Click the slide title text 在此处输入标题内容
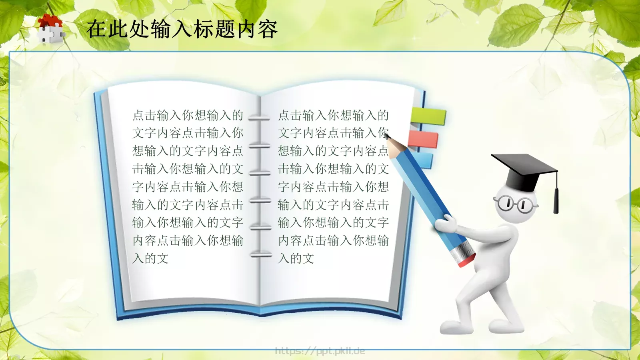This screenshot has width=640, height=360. (182, 29)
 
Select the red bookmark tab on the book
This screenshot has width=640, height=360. (424, 139)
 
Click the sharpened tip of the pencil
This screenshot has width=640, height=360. (388, 138)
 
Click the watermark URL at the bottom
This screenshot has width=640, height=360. (320, 351)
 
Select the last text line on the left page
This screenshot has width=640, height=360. (150, 258)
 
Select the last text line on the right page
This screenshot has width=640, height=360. (296, 258)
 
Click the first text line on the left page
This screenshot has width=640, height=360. (188, 116)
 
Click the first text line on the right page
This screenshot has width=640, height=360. (333, 116)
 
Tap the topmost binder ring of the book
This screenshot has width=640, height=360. (259, 118)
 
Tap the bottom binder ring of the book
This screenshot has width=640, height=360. (261, 255)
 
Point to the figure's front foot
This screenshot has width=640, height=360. (456, 326)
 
